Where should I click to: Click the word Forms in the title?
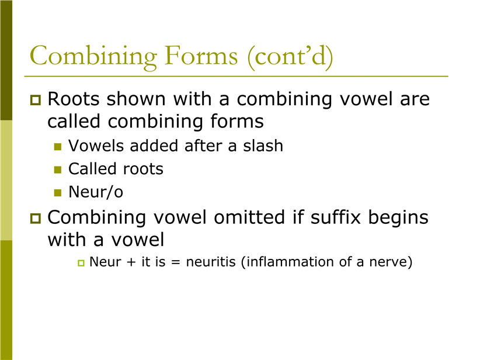tap(201, 56)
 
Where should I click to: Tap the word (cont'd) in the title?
tap(290, 57)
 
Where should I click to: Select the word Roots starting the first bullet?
tap(74, 99)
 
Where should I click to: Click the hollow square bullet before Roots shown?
tap(36, 100)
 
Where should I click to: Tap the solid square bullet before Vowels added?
tap(58, 147)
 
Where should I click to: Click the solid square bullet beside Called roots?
tap(58, 169)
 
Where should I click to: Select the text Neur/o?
tap(96, 192)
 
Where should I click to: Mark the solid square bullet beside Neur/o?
tap(58, 193)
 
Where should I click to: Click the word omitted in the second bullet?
tap(249, 217)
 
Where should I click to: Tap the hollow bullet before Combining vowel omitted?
tap(36, 219)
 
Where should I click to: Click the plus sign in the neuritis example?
tap(131, 262)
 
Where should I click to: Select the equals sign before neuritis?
tap(175, 262)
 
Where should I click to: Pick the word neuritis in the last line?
tap(211, 262)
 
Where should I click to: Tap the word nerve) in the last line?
tap(391, 262)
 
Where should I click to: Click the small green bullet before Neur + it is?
tap(81, 263)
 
